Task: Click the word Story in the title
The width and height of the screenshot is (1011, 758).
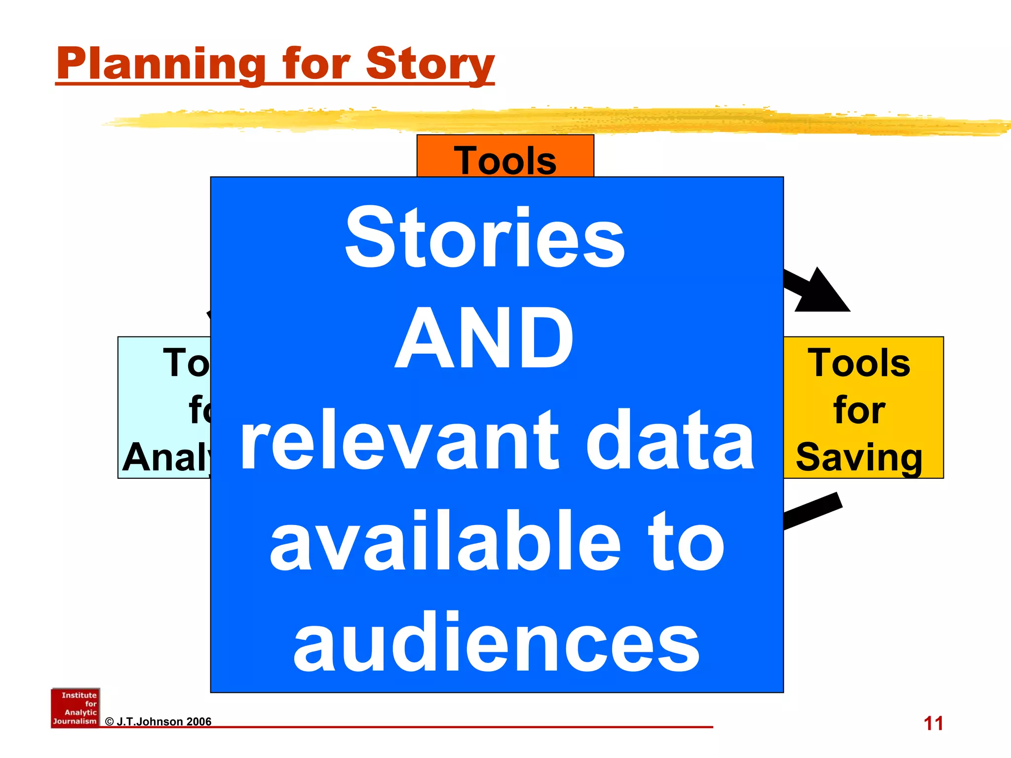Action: pyautogui.click(x=430, y=64)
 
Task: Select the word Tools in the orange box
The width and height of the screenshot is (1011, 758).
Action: pyautogui.click(x=505, y=160)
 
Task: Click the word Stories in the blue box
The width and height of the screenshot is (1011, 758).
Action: pyautogui.click(x=485, y=238)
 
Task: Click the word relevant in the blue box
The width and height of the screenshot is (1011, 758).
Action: pyautogui.click(x=399, y=440)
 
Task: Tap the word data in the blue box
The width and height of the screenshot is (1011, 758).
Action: pyautogui.click(x=670, y=440)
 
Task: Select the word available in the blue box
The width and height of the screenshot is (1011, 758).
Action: pyautogui.click(x=445, y=542)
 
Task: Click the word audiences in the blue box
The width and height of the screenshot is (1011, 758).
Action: pyautogui.click(x=496, y=643)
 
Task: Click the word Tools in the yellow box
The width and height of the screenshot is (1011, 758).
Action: pyautogui.click(x=859, y=363)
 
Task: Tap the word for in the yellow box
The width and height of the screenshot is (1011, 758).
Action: pyautogui.click(x=859, y=410)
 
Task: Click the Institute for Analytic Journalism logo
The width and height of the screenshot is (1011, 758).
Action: pyautogui.click(x=75, y=708)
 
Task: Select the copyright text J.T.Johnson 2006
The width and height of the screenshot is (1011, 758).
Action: pyautogui.click(x=158, y=721)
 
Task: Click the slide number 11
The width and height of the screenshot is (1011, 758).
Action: pyautogui.click(x=933, y=723)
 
